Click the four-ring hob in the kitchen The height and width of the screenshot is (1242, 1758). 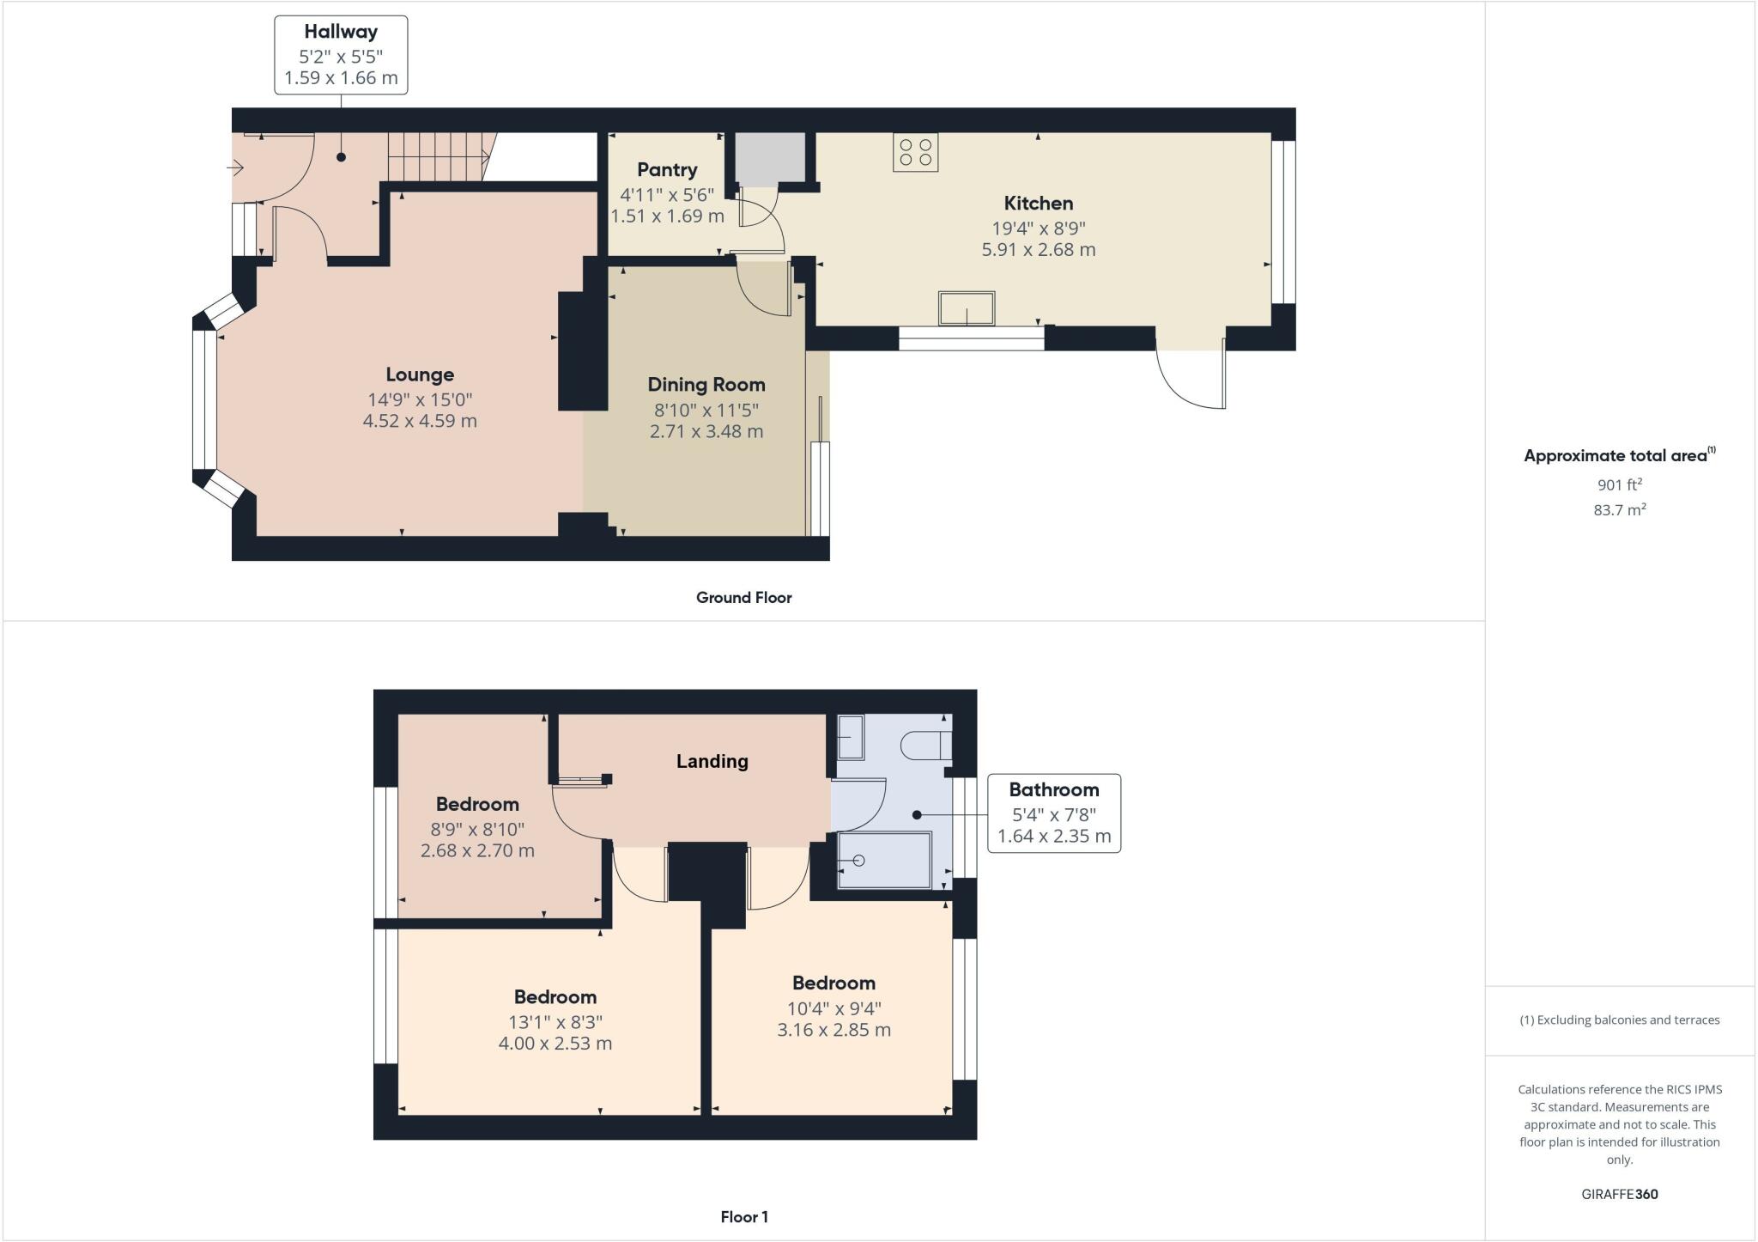[x=915, y=153]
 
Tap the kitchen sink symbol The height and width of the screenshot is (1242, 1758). [x=967, y=308]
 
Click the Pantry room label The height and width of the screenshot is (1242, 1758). [x=667, y=170]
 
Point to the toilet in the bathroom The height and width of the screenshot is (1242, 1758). [x=926, y=745]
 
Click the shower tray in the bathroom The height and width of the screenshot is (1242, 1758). [x=884, y=860]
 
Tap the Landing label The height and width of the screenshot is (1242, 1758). [x=712, y=761]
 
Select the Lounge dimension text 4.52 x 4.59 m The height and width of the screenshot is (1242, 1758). [x=420, y=421]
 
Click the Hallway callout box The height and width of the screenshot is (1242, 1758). [x=341, y=55]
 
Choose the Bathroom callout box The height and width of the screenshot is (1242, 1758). [x=1053, y=813]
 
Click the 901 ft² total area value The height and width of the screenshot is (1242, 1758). [x=1619, y=484]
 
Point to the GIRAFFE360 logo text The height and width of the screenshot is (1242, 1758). [x=1619, y=1194]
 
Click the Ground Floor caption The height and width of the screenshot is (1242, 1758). [x=743, y=598]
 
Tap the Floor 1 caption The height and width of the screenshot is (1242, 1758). [x=743, y=1217]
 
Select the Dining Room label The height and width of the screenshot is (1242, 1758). [x=706, y=385]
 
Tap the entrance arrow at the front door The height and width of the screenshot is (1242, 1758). [x=236, y=168]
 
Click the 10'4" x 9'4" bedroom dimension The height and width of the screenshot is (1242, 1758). [x=834, y=1008]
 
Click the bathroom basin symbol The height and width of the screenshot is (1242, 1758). [x=851, y=738]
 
